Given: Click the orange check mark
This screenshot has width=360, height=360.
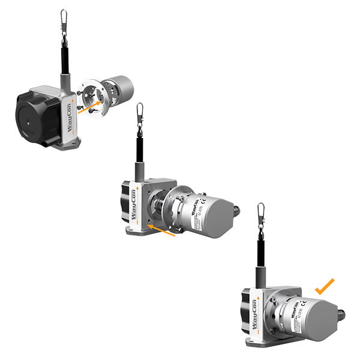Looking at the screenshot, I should pos(325,286).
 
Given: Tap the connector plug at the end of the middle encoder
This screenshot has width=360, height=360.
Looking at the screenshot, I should pos(236,209).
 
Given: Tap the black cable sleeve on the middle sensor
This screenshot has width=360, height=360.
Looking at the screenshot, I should pos(140,147).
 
